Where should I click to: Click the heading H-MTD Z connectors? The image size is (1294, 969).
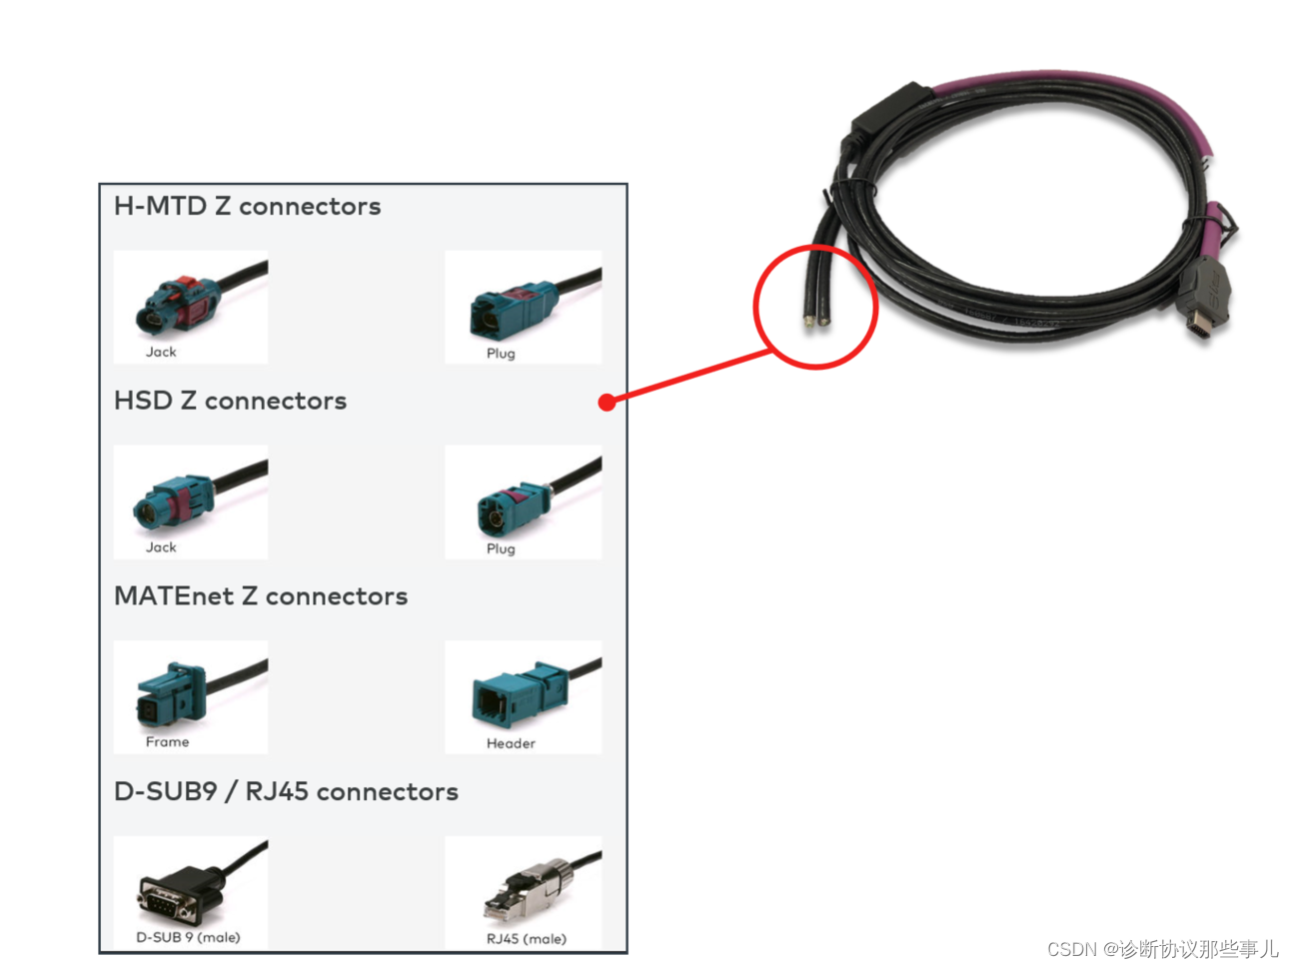click(x=247, y=207)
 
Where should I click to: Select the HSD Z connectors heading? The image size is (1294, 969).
click(x=230, y=402)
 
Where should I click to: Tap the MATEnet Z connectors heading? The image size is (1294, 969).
click(x=261, y=596)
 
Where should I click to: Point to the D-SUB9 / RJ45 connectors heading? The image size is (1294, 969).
click(x=286, y=792)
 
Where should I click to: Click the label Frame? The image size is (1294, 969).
click(x=167, y=742)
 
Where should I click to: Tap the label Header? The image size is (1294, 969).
click(x=511, y=743)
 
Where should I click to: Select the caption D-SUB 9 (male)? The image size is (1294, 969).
click(x=188, y=938)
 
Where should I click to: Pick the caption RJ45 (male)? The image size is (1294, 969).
click(x=526, y=939)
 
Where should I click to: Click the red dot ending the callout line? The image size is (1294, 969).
click(x=607, y=403)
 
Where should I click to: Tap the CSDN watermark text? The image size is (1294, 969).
click(x=1162, y=948)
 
